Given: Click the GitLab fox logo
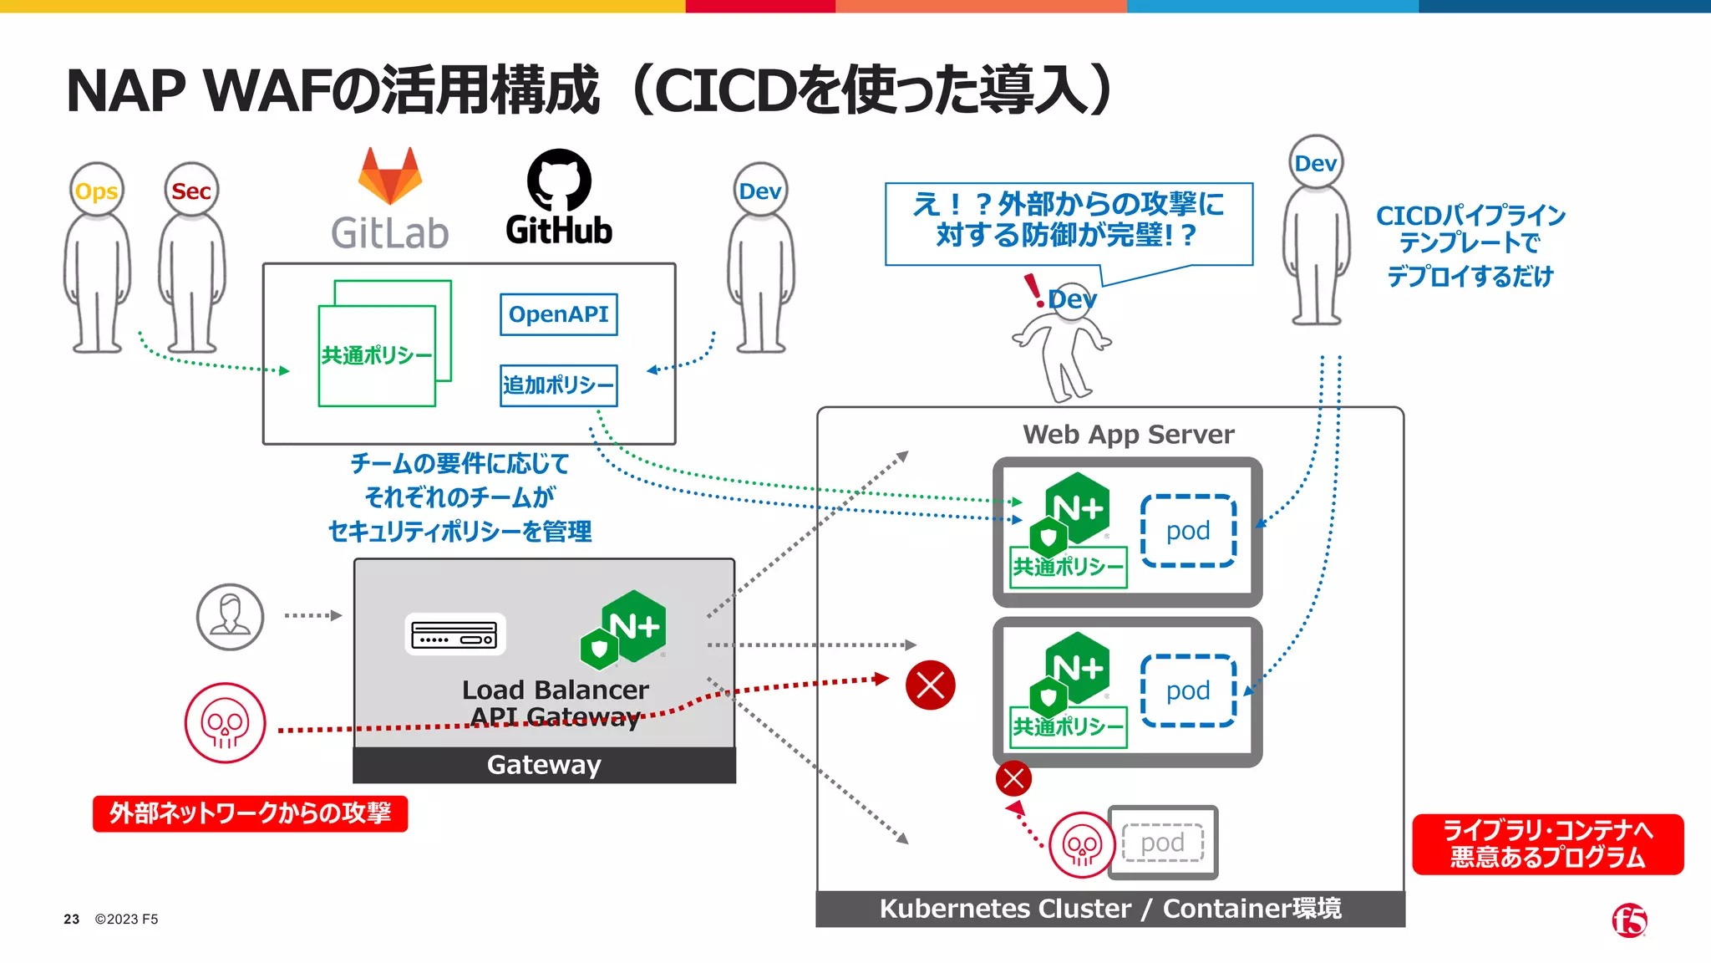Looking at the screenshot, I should click(390, 176).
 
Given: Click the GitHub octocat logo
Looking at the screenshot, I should click(559, 181).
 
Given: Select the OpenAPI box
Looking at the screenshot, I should click(558, 314).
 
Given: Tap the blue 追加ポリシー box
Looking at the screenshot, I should click(558, 385).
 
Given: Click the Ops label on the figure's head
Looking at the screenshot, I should click(97, 191).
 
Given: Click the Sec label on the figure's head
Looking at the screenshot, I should click(191, 191).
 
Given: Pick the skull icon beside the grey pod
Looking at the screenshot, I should click(1082, 845).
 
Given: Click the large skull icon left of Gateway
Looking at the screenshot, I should click(225, 723).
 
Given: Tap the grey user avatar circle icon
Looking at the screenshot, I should click(230, 617).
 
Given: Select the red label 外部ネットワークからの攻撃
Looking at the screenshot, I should click(250, 813).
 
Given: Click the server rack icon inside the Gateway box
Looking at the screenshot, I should click(454, 634).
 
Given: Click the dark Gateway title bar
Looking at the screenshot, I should click(544, 765).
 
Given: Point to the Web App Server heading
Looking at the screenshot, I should click(1128, 435).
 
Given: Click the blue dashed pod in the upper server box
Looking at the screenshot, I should click(1188, 531).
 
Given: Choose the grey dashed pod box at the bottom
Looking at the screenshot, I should click(1162, 843).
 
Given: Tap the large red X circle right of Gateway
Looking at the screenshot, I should click(930, 685).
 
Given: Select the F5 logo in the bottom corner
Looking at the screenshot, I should click(1629, 920).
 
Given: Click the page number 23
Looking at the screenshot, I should click(72, 920).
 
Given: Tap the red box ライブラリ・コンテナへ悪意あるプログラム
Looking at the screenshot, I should click(1547, 844).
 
